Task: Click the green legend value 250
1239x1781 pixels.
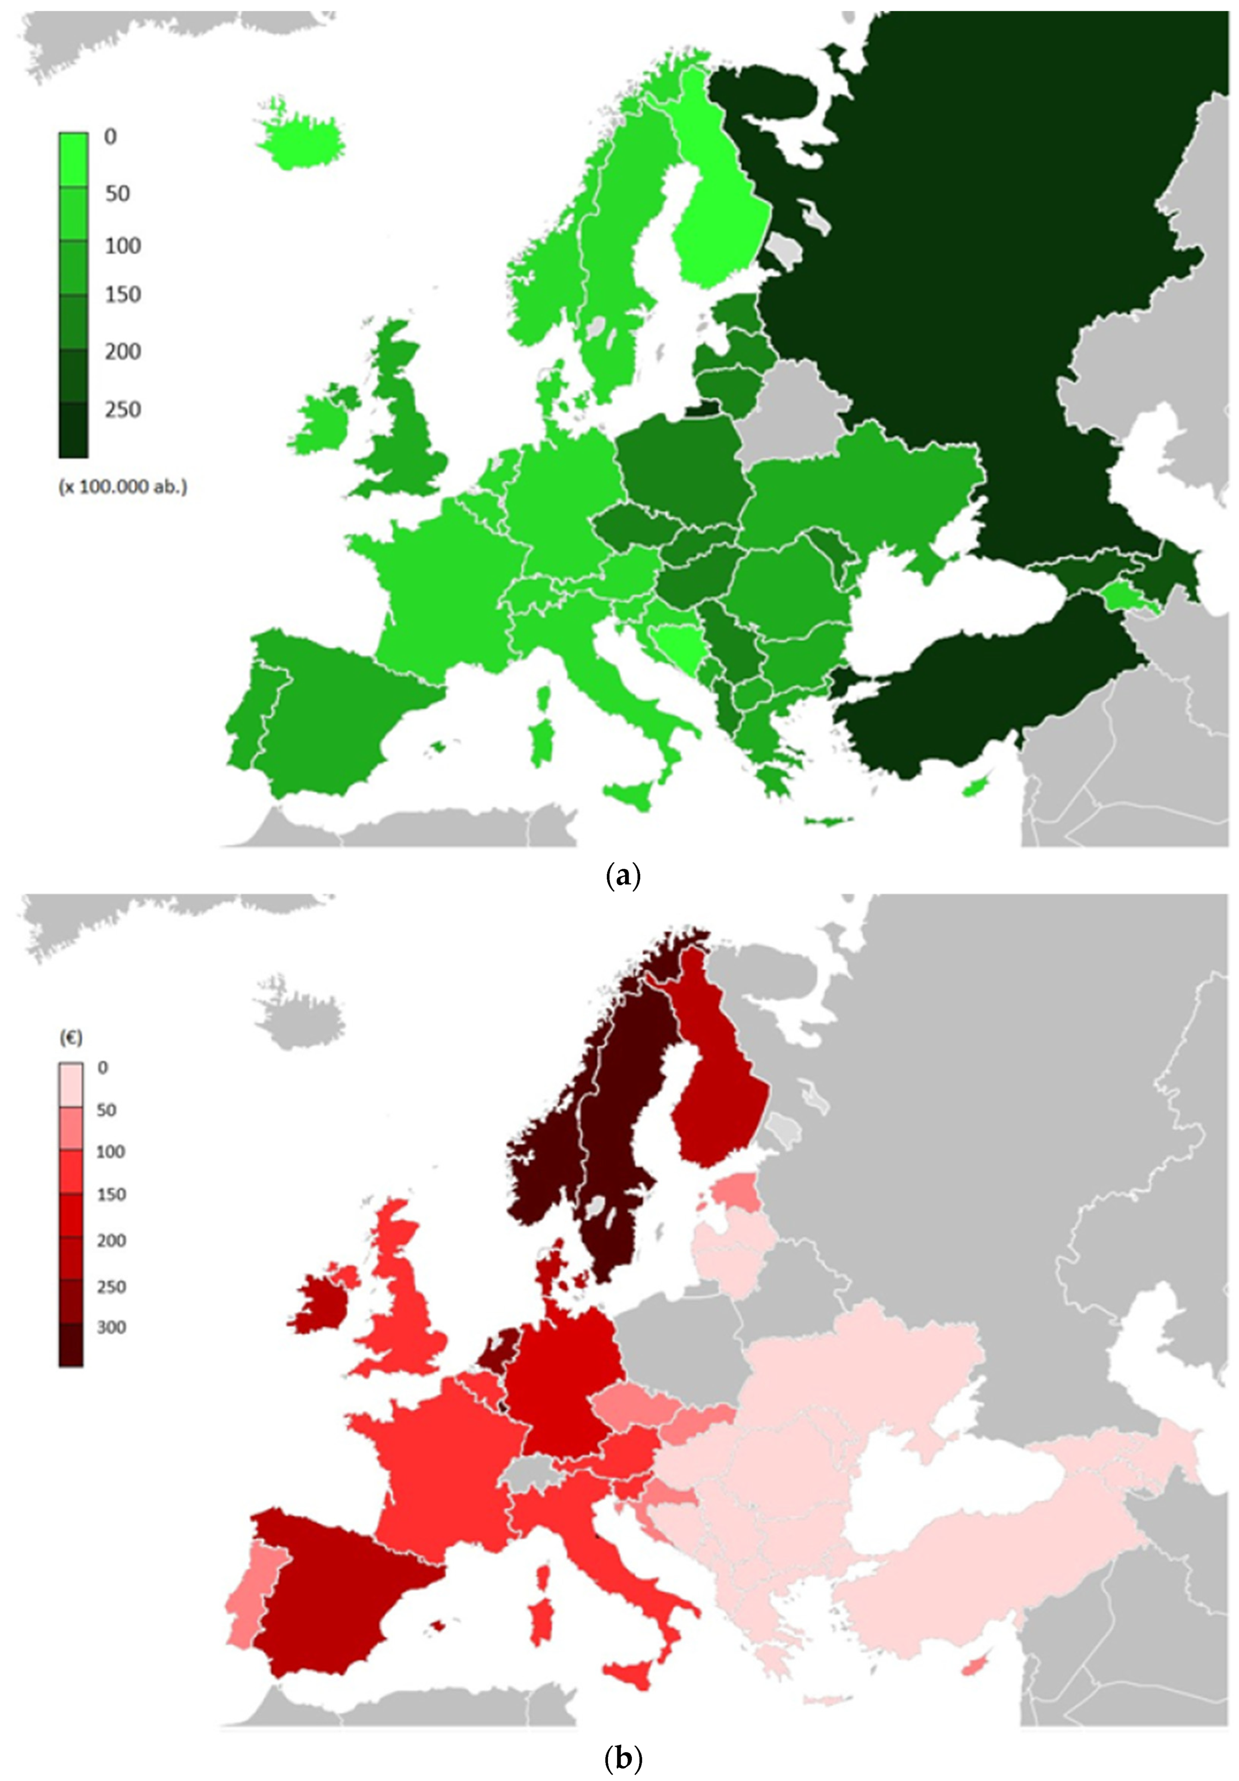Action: (122, 409)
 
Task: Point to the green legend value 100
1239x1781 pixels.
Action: (122, 246)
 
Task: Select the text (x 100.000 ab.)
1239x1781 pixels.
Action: (122, 487)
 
